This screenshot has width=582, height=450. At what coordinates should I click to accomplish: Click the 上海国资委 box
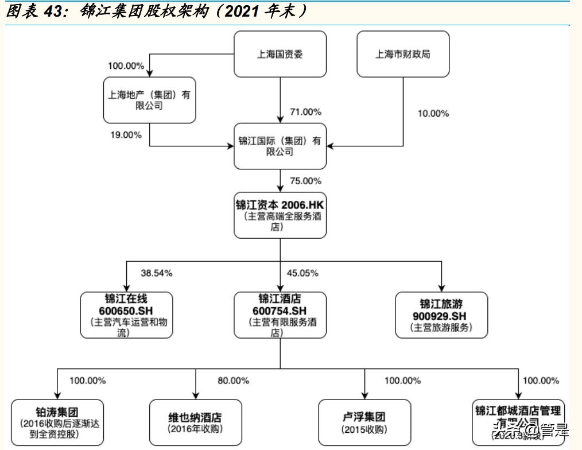coord(280,55)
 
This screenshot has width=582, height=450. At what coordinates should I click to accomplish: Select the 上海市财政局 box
coord(403,55)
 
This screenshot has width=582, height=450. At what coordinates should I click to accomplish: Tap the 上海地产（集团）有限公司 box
coord(149,100)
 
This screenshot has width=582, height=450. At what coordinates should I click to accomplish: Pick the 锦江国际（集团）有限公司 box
coord(280,146)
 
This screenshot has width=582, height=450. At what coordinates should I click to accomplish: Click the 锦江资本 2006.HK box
coord(280,215)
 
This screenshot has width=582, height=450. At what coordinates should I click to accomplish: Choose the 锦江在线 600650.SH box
coord(126,315)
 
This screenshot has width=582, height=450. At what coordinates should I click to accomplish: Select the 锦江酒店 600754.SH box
coord(280,315)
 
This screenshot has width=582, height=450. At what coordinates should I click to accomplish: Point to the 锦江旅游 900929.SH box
coord(441,315)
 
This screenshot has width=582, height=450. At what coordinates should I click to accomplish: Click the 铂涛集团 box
coord(57,422)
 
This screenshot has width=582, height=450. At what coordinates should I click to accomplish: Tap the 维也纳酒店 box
coord(195,422)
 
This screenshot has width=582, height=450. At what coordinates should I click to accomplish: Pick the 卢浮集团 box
coord(364,422)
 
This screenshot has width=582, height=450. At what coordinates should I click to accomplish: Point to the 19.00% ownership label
coord(126,135)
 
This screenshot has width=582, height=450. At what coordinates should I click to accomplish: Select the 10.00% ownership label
coord(433,114)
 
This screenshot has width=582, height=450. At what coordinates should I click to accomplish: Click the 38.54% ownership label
coord(156,273)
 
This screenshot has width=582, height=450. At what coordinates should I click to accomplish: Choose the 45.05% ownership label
coord(302,273)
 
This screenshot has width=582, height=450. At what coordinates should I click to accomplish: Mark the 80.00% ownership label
coord(233,381)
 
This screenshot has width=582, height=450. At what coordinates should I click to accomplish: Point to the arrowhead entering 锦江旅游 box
coord(441,288)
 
